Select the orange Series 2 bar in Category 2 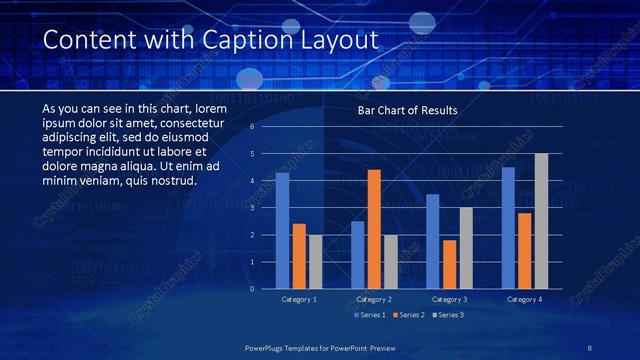tap(374, 229)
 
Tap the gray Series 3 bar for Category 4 tap(541, 221)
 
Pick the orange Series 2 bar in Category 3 tap(450, 264)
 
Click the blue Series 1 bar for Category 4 tap(508, 228)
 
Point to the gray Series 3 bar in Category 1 tap(315, 262)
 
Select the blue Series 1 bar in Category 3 tap(432, 241)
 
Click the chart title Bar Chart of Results tap(407, 111)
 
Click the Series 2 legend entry tap(411, 315)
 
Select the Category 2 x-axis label tap(374, 299)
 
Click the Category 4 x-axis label tap(524, 299)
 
